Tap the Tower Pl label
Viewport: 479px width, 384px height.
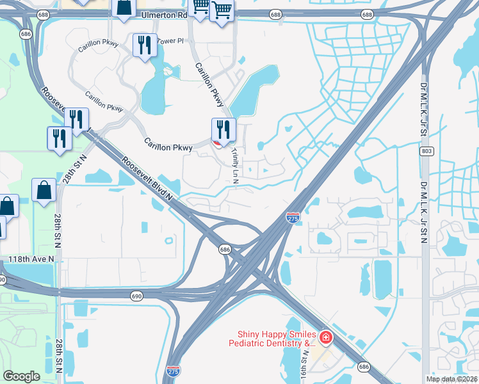[x=170, y=40]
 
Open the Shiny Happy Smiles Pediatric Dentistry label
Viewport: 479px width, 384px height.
[x=276, y=339]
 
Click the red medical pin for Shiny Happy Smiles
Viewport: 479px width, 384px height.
[x=326, y=337]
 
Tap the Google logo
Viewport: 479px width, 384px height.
[x=21, y=376]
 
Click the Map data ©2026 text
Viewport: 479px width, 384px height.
[x=451, y=379]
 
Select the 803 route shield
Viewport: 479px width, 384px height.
[x=426, y=152]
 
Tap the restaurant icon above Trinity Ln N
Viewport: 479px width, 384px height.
[x=223, y=129]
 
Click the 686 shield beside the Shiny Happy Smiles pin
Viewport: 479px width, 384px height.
[x=364, y=367]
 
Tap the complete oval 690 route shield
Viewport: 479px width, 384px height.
[x=136, y=296]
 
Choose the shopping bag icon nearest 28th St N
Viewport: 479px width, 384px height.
[x=44, y=189]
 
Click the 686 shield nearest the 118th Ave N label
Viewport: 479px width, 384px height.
[x=225, y=249]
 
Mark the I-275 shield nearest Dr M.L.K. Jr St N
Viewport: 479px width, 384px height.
[x=293, y=218]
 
